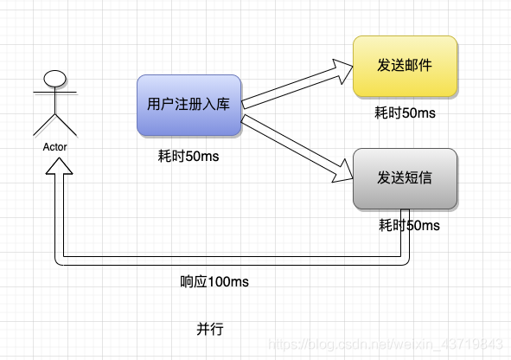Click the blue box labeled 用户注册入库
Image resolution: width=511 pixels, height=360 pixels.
point(189,105)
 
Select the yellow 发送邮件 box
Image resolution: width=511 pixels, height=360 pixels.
point(406,66)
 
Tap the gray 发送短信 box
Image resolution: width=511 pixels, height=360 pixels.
point(406,178)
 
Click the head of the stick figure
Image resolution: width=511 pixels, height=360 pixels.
point(54,79)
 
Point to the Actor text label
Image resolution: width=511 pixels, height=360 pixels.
point(54,147)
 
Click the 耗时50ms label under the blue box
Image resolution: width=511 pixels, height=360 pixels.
point(188,156)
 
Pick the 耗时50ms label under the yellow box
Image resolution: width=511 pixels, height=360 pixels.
point(406,112)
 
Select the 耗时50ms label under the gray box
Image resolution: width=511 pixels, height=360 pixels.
point(409,225)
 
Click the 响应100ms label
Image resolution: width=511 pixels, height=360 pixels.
point(214,281)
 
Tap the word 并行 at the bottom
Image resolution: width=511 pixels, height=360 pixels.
point(210,329)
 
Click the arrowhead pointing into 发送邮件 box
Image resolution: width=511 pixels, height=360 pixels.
point(343,70)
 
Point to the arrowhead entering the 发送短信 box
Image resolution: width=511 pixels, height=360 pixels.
point(343,171)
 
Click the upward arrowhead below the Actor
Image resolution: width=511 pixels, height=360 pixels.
point(59,166)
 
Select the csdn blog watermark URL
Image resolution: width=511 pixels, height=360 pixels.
point(386,344)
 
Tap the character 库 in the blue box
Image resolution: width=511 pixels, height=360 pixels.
point(223,105)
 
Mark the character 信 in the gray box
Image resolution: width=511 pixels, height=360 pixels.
point(425,177)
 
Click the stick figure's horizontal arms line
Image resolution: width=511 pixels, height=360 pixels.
point(54,93)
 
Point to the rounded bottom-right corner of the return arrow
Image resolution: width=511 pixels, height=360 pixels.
point(406,262)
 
